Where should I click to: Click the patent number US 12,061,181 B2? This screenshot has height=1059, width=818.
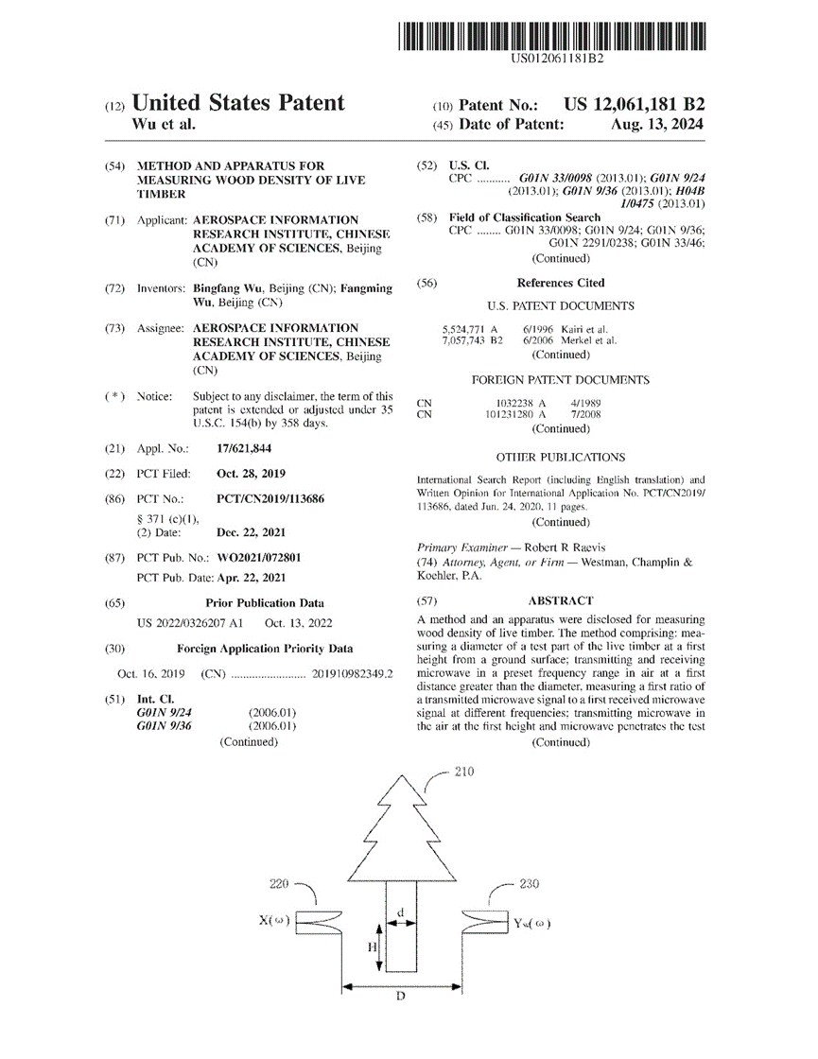click(x=634, y=105)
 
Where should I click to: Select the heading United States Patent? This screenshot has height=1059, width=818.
click(x=238, y=104)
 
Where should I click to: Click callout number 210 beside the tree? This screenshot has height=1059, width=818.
click(x=464, y=772)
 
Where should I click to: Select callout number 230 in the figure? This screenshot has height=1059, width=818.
click(x=530, y=884)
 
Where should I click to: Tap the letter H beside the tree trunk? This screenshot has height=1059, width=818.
click(x=373, y=946)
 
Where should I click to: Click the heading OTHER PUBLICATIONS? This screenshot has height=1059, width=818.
click(x=561, y=457)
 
